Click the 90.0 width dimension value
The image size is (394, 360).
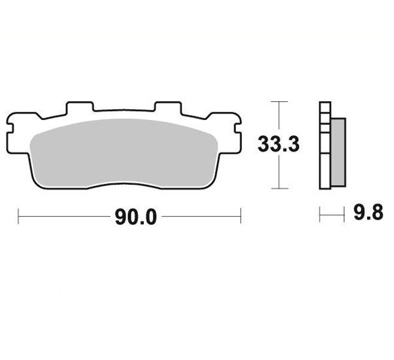(136, 217)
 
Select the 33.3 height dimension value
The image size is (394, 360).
(279, 145)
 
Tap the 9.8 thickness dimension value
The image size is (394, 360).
(368, 212)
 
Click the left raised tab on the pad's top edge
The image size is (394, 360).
(80, 107)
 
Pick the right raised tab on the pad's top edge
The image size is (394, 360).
(168, 107)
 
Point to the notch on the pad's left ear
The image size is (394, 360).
(10, 128)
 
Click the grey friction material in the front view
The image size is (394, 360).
(124, 154)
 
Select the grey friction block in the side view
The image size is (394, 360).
(338, 152)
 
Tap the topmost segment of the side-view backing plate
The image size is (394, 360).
(325, 107)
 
